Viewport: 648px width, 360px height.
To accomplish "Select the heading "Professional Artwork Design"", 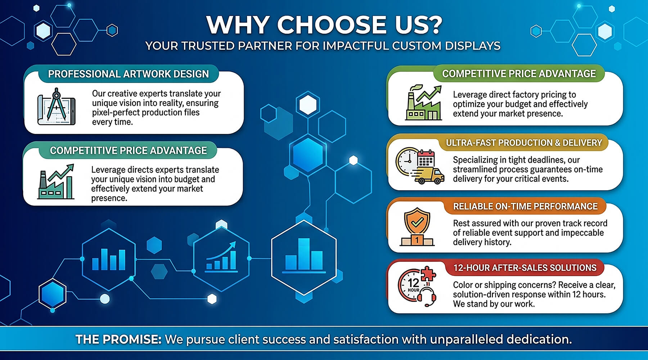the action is pos(129,74).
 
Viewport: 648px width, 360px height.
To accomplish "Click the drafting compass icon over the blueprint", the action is pos(57,104).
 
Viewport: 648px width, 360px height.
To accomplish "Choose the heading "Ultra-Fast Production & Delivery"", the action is pos(524,143).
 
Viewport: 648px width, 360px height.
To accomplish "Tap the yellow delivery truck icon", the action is pos(428,176).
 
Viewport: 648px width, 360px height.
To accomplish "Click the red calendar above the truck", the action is pos(426,158).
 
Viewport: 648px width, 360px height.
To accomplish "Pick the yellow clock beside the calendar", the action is pos(406,161).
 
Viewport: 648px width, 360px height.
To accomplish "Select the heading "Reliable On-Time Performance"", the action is pos(525,206).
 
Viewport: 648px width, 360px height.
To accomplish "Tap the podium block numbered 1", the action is pos(417,239).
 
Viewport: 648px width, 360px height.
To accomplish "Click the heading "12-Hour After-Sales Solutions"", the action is pos(525,268).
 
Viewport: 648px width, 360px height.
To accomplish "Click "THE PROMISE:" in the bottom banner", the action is pos(118,339).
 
